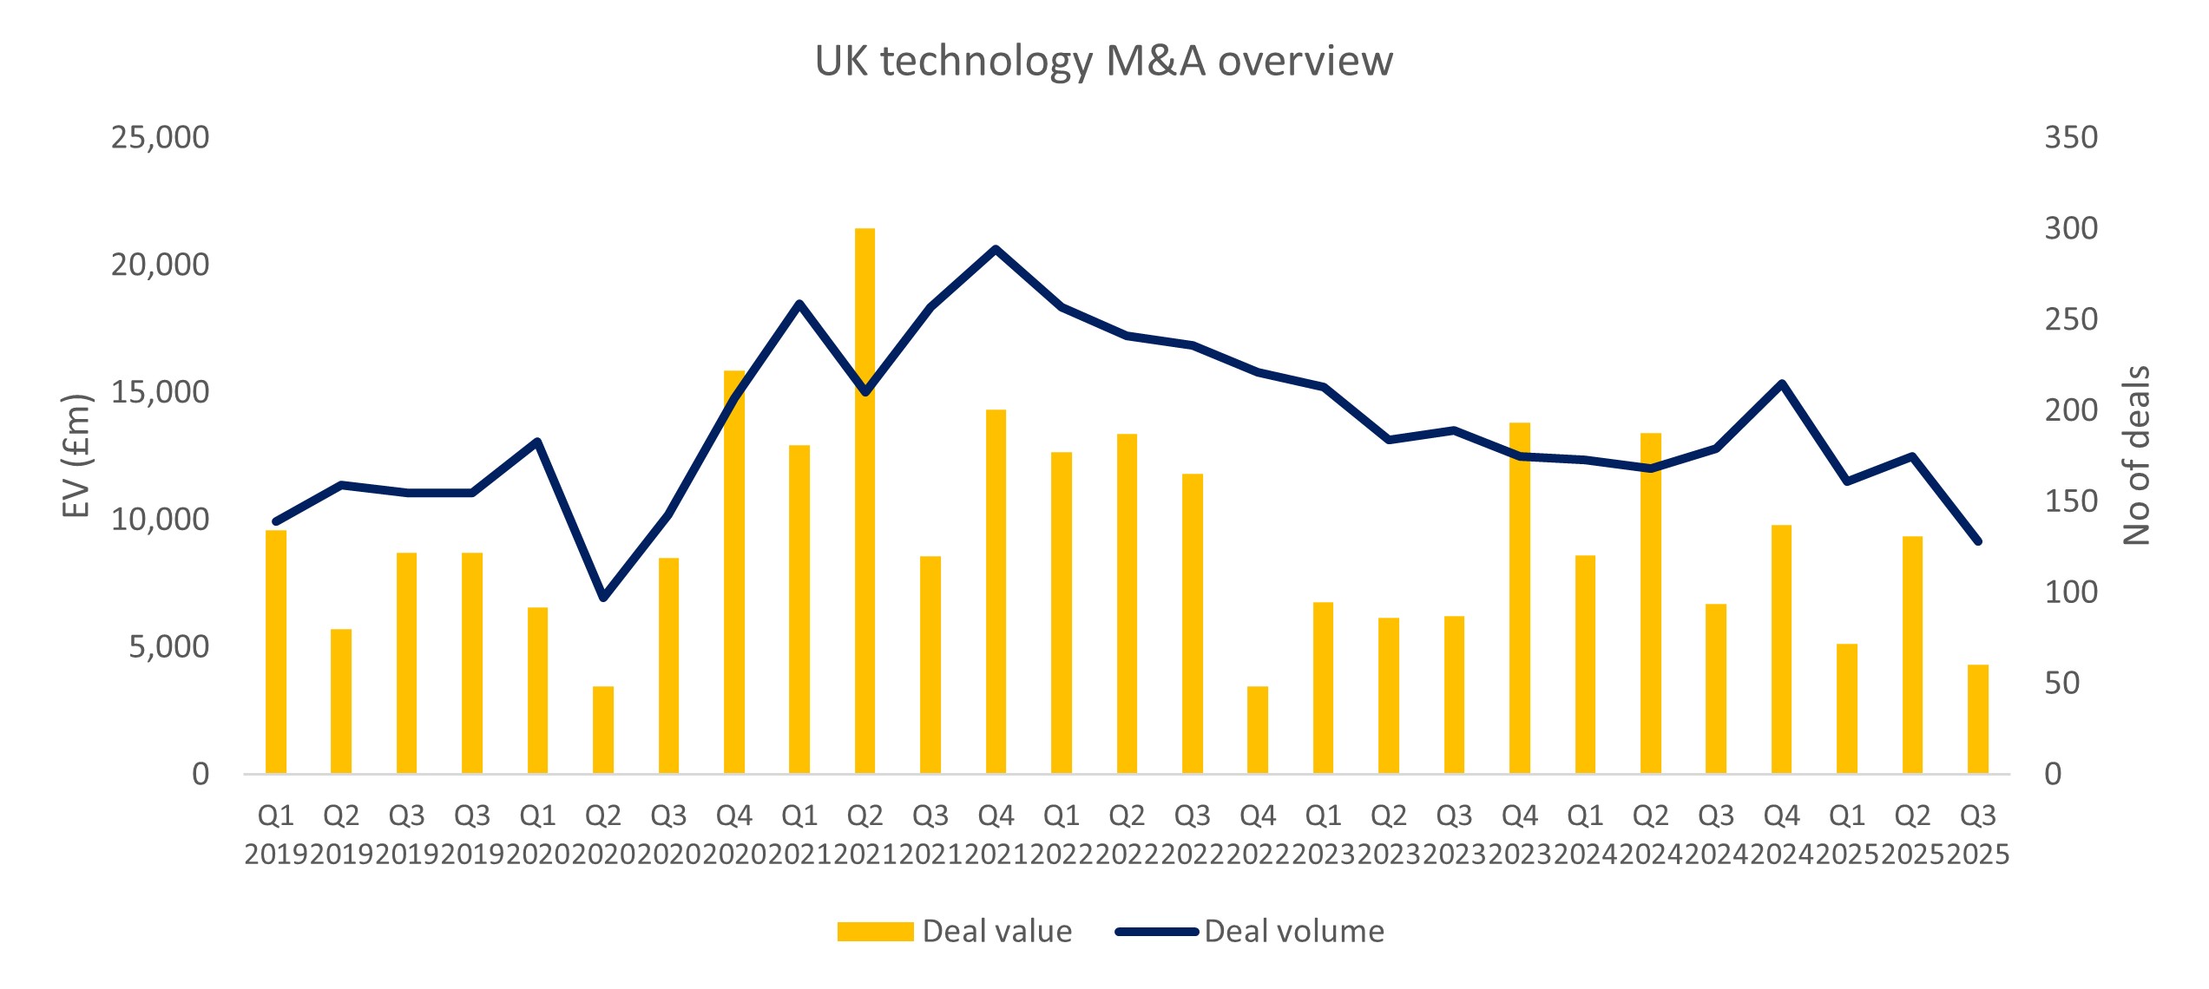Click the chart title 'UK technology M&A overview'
tap(1103, 61)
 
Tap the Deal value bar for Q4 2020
tap(734, 572)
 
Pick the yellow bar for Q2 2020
tap(603, 730)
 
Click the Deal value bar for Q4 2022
tap(1258, 730)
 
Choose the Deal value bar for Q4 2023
tap(1520, 598)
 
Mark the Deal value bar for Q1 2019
tap(276, 652)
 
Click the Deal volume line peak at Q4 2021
tap(996, 249)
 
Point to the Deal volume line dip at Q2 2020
tap(603, 598)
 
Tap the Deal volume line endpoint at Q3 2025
tap(1978, 541)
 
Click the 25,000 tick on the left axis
tap(160, 137)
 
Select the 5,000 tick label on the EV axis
tap(168, 646)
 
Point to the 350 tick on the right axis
tap(2071, 137)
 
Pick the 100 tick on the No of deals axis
tap(2071, 592)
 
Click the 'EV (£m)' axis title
tap(76, 455)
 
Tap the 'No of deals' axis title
tap(2136, 455)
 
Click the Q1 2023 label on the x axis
tap(1324, 835)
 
